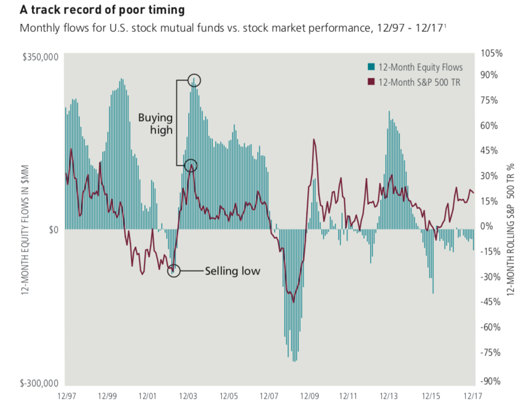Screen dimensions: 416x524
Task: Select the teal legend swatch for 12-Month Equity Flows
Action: (x=371, y=67)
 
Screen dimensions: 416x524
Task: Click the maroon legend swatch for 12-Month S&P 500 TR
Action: (x=371, y=82)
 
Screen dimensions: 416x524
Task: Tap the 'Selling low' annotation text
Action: (x=232, y=271)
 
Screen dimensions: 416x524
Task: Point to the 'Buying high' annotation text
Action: (x=155, y=123)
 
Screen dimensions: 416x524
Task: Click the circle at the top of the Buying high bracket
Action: (x=194, y=80)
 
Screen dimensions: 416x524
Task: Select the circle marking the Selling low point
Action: (x=174, y=271)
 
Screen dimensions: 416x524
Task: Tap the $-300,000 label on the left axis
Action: (x=38, y=384)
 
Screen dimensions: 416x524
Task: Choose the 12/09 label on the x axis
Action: (x=309, y=395)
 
